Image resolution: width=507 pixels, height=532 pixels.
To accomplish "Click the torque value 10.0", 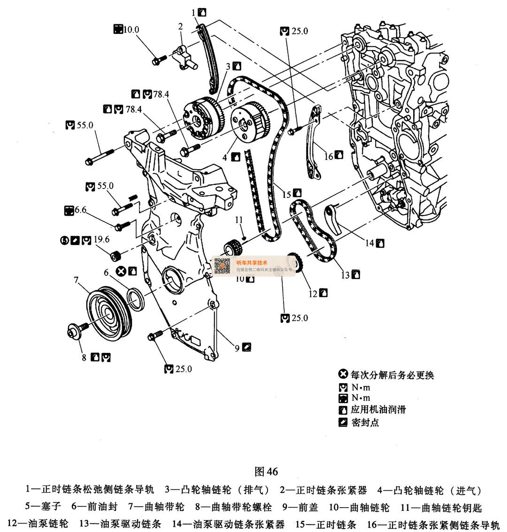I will coord(131,30).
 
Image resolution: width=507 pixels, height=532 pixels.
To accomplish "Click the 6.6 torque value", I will coord(80,210).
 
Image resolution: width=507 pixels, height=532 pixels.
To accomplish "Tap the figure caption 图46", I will coord(266,471).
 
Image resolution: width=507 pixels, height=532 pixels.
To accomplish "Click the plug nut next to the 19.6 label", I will coord(116,256).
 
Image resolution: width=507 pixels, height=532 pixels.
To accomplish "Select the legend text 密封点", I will coord(365,422).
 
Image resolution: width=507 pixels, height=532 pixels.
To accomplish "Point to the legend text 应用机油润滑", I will coord(378,410).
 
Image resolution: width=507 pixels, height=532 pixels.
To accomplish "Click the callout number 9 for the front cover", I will coord(238,348).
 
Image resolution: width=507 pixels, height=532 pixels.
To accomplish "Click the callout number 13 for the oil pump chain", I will coord(346,275).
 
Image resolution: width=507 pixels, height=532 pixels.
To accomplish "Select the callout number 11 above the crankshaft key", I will coord(239,220).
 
